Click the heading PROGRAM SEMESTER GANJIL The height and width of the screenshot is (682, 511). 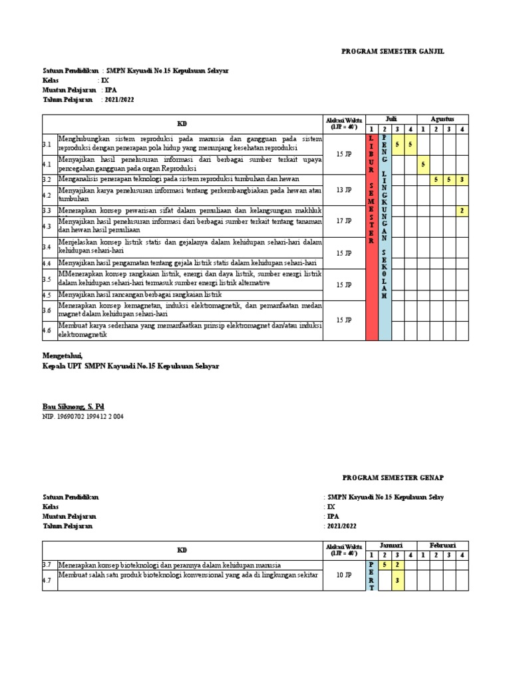[393, 51]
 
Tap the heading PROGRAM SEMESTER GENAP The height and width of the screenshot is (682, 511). [393, 478]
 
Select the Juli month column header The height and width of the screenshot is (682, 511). [391, 119]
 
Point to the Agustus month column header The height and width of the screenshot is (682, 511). [442, 119]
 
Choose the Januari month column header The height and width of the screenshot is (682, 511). [391, 545]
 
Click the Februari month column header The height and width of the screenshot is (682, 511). [442, 545]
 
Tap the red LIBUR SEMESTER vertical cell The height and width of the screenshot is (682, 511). [371, 236]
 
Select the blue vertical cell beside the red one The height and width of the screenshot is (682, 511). [384, 236]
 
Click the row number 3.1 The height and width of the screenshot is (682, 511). [47, 144]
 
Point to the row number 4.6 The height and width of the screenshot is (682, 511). [47, 330]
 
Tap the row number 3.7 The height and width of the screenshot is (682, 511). [47, 564]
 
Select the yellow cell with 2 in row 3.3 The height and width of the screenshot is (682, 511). [461, 210]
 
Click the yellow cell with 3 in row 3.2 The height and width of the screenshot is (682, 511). [461, 179]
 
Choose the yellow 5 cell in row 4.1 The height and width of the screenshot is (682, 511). [423, 163]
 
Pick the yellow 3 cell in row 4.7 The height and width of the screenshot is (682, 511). [397, 580]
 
